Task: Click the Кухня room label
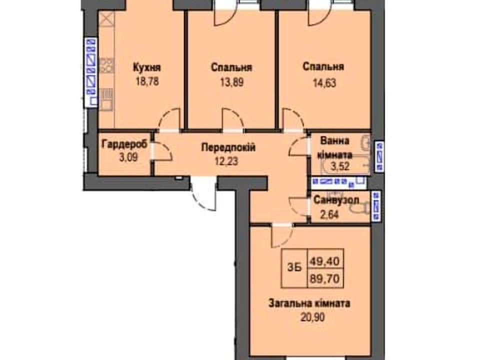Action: click(147, 67)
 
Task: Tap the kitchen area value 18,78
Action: click(147, 81)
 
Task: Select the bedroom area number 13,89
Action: click(231, 82)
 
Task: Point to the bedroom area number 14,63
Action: click(324, 82)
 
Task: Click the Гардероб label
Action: click(124, 143)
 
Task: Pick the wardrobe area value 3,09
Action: click(128, 157)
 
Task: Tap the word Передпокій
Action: click(228, 148)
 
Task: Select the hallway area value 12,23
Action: click(226, 161)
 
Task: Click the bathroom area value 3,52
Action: click(340, 167)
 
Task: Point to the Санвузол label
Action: click(336, 200)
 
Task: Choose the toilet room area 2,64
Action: click(329, 214)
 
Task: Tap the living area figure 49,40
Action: click(325, 261)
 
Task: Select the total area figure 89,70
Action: click(325, 279)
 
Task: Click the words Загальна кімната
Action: click(309, 303)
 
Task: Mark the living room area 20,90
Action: click(312, 317)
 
